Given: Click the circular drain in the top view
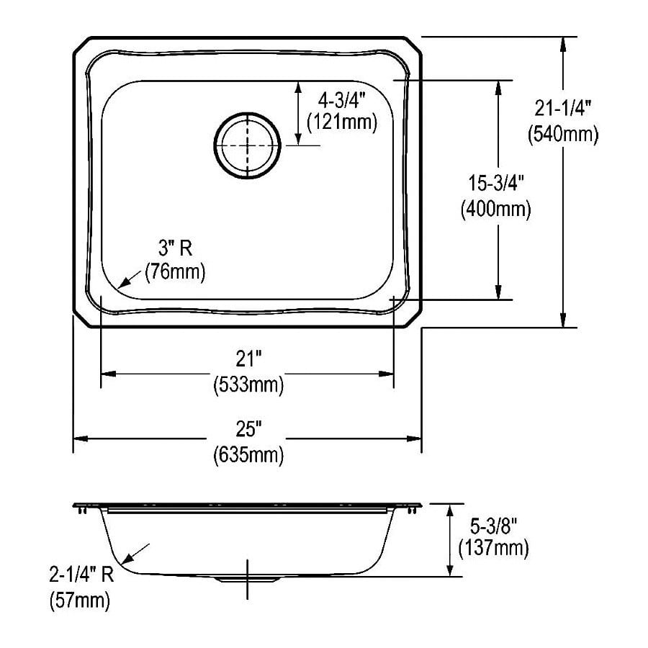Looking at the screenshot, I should click(x=247, y=145).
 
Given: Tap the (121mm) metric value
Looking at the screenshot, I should click(x=341, y=123).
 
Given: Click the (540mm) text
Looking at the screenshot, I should click(x=562, y=134).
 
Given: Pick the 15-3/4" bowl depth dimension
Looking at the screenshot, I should click(x=495, y=185).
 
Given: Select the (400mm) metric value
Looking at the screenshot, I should click(x=495, y=209).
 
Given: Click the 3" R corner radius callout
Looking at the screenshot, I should click(x=174, y=250).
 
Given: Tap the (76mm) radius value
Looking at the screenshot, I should click(x=175, y=272).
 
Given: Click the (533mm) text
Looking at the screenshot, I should click(x=248, y=385).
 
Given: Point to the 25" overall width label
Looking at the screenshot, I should click(x=248, y=430).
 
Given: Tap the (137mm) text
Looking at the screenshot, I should click(x=493, y=549).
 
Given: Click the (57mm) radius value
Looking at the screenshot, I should click(x=79, y=600).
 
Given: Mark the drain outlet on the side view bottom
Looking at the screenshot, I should click(x=246, y=578).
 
